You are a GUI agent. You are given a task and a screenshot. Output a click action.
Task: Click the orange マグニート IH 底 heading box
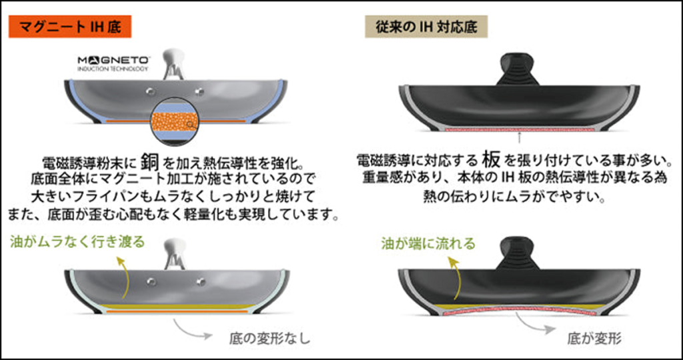[x=69, y=27]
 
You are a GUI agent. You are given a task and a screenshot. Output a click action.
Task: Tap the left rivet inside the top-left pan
[x=151, y=90]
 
